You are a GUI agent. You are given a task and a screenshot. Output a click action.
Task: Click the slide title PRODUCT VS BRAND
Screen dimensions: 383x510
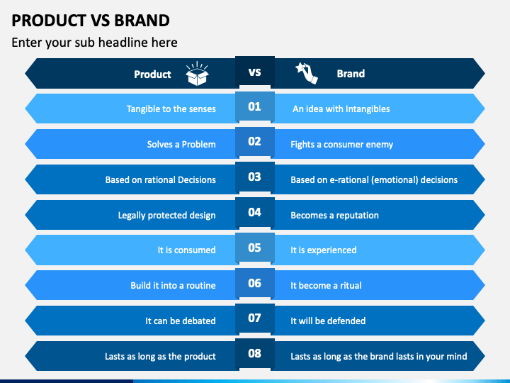(x=91, y=19)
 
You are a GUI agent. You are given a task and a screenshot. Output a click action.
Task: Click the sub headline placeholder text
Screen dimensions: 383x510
(x=94, y=43)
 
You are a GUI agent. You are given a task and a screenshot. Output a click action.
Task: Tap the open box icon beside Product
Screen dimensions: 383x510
(x=197, y=74)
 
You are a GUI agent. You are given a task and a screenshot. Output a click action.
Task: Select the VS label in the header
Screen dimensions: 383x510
(x=254, y=72)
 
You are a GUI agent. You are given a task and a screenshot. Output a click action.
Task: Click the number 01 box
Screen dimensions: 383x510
(x=254, y=107)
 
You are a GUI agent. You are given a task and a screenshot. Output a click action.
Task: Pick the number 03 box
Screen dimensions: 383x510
(x=254, y=177)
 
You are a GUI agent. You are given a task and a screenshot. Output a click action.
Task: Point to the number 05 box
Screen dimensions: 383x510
(x=254, y=248)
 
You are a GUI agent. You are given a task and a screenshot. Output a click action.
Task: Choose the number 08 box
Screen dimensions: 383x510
(x=254, y=353)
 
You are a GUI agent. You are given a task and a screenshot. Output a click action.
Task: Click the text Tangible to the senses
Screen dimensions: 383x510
(x=171, y=109)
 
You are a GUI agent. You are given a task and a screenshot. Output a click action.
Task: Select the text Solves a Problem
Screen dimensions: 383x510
(x=181, y=145)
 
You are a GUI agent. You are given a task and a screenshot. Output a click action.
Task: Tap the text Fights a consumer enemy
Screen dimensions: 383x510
(x=341, y=145)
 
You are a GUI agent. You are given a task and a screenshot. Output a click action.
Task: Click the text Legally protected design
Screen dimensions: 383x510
(x=166, y=216)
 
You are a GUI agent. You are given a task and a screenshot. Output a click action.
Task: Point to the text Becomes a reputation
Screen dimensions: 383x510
(x=334, y=216)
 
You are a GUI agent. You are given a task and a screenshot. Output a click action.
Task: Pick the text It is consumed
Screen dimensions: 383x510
(x=186, y=250)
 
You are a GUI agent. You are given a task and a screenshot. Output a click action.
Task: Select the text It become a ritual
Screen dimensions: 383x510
(x=326, y=286)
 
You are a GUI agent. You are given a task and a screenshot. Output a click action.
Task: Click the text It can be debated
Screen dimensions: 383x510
(x=180, y=321)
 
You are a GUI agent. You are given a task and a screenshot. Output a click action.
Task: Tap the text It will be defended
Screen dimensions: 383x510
(x=328, y=321)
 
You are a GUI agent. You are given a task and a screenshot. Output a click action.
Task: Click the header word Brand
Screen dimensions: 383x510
(x=351, y=74)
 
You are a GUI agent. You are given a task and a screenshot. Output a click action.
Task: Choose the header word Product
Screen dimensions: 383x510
(x=152, y=74)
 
